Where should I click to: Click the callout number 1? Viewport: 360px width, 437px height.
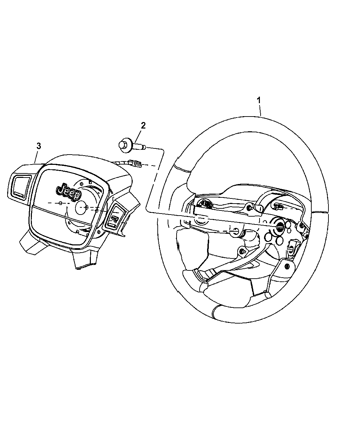click(x=259, y=100)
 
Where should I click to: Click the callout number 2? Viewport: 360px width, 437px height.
click(x=143, y=125)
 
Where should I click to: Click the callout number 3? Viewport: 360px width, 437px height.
click(x=38, y=146)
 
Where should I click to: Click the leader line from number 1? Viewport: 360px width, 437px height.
click(x=260, y=110)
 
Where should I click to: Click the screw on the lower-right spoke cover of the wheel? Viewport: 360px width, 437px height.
click(x=287, y=266)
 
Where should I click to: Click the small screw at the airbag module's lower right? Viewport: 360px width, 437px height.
click(x=99, y=232)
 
